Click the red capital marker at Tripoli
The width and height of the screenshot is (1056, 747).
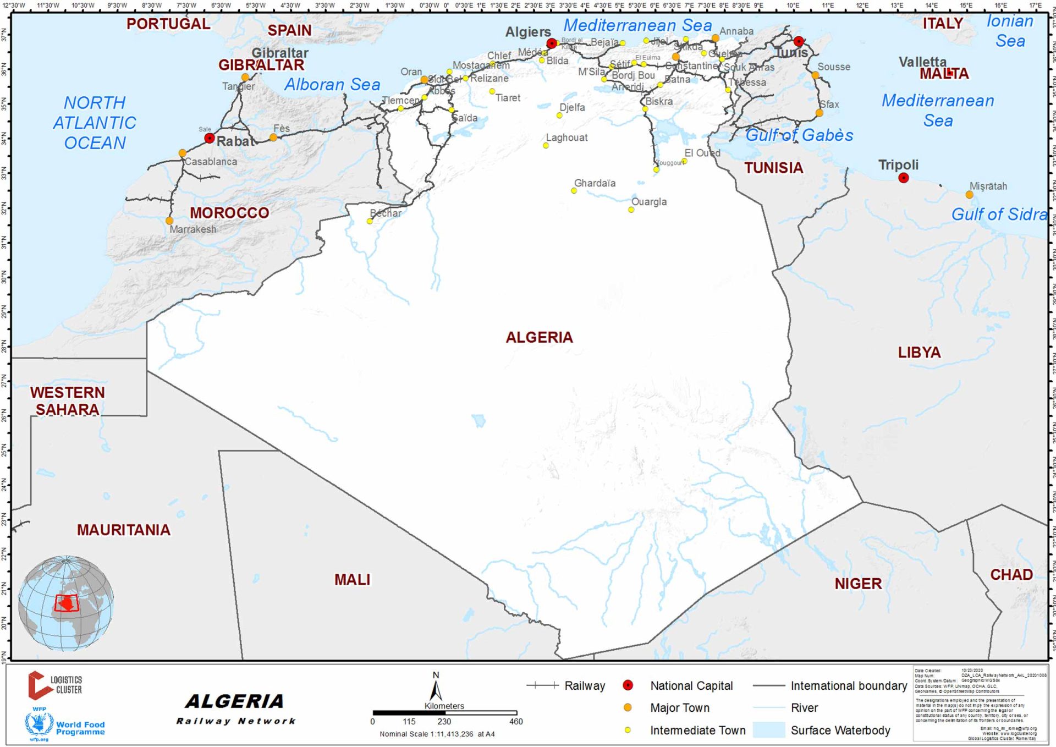coord(903,178)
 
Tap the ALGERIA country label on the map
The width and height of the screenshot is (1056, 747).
coord(539,337)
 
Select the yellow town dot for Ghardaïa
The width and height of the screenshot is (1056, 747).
coord(574,191)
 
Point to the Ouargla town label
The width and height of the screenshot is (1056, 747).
coord(649,201)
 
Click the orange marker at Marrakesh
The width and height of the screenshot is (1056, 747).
coord(169,221)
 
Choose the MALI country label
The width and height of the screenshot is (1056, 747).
coord(352,579)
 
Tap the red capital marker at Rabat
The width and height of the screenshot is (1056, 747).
coord(209,138)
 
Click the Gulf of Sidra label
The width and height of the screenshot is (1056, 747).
coord(999,214)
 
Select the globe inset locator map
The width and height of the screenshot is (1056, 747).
coord(66,602)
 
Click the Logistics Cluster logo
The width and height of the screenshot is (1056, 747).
coord(55,685)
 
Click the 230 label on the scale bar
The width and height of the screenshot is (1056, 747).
coord(444,721)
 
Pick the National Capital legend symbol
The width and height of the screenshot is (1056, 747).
coord(628,685)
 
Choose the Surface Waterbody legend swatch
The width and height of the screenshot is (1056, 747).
coord(768,730)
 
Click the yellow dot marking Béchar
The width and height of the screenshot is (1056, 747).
coord(370,221)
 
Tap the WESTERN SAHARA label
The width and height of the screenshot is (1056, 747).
coord(67,400)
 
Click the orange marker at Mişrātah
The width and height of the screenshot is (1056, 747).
coord(969,195)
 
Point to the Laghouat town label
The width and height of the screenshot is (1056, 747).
coord(566,138)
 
